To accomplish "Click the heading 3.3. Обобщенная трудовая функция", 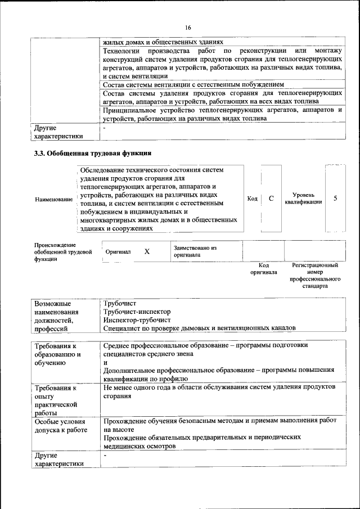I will click(93, 153).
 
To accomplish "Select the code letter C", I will click(271, 199).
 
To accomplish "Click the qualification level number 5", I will click(336, 199).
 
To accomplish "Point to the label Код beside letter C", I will click(253, 199).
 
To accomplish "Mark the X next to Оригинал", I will click(147, 252).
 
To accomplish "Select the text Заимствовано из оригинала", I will click(195, 251).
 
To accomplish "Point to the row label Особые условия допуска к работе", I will click(61, 425).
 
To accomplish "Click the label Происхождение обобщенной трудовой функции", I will click(62, 252).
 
